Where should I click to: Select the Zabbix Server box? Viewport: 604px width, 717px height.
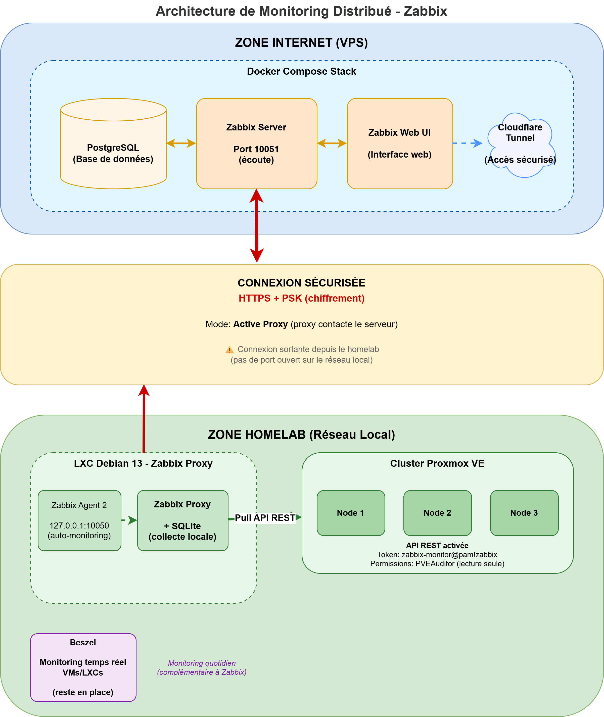[x=256, y=144]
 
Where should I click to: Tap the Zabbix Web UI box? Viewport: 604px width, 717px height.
[x=400, y=144]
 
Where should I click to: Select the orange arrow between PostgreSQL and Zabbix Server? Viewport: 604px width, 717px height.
[x=181, y=143]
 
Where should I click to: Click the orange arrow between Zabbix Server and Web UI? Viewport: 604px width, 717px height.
[x=332, y=143]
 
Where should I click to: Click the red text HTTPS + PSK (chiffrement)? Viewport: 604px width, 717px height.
[x=301, y=298]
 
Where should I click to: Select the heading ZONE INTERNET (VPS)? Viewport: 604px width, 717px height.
[x=301, y=43]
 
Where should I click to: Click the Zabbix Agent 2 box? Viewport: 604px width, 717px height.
[x=79, y=520]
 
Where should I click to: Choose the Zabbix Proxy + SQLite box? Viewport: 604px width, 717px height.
[x=182, y=520]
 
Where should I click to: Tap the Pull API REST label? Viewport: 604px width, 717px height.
[x=265, y=518]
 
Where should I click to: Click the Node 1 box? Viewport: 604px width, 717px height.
[x=351, y=513]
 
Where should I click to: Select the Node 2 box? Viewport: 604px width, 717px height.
[x=437, y=513]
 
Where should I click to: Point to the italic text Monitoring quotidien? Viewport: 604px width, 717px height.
[x=202, y=663]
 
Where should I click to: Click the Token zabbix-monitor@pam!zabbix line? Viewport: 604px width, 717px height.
[x=437, y=554]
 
